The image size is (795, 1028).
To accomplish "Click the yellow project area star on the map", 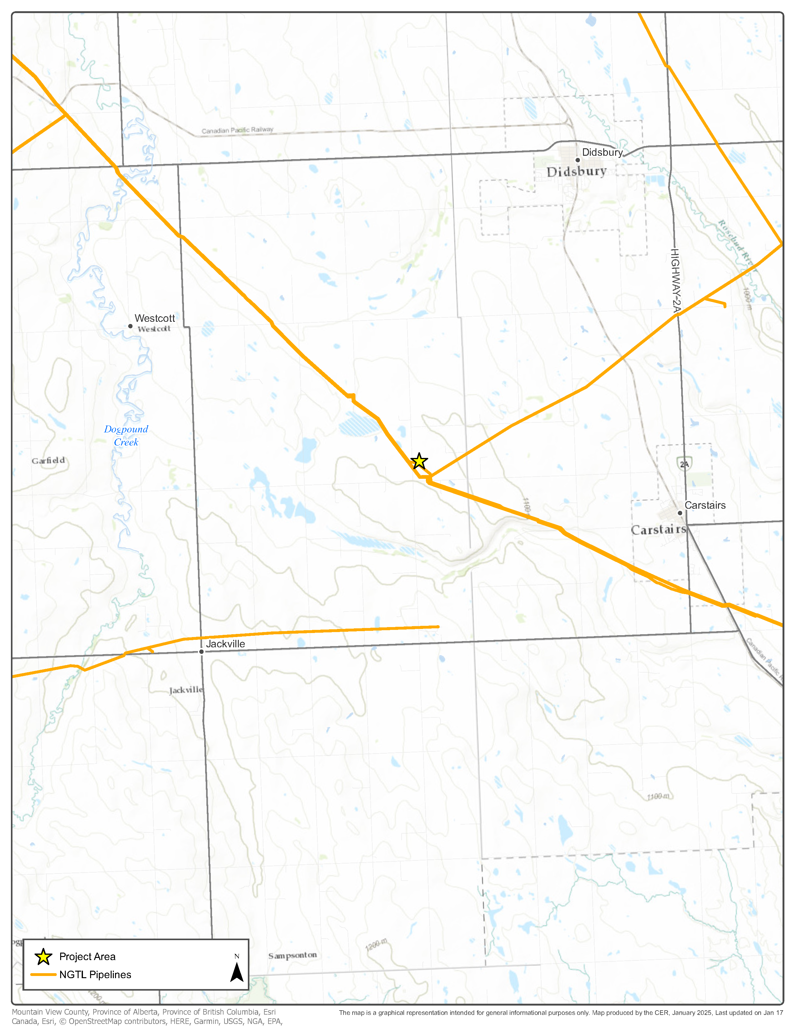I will coord(419,461).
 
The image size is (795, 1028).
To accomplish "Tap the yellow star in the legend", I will coord(43,956).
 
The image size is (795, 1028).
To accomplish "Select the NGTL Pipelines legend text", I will coord(95,975).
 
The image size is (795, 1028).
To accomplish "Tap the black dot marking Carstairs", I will coord(680,513).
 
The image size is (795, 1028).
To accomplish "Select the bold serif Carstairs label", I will coord(658,530).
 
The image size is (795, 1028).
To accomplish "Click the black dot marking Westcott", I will coord(130,326).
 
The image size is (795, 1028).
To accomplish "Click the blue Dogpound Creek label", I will coord(126,435).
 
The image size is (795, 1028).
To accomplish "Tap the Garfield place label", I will coord(48,461).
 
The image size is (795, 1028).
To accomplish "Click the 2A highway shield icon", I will coord(684,464).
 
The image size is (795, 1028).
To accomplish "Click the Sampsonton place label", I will coord(292,955).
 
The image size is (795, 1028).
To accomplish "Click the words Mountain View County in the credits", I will coord(50,1012).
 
